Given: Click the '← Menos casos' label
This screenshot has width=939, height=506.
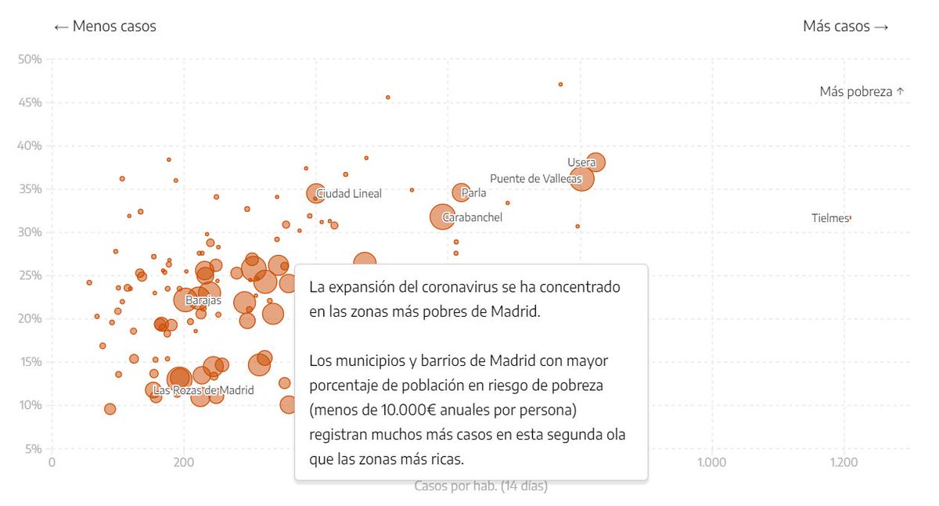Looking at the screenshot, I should tap(105, 27).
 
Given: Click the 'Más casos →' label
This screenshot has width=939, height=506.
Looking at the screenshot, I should tap(845, 27).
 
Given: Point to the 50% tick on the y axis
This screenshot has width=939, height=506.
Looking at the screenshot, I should tap(31, 59).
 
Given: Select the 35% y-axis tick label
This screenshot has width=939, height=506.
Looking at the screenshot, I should tap(31, 188).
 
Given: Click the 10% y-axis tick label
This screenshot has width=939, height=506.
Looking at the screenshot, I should tap(31, 405).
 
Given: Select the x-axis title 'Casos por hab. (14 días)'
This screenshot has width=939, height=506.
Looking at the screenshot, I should tap(480, 486).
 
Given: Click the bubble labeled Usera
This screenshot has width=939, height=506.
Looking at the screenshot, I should tap(596, 162).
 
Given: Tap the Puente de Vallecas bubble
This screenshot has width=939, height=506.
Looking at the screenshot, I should tap(581, 179).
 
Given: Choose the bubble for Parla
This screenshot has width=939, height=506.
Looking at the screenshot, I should tap(461, 192).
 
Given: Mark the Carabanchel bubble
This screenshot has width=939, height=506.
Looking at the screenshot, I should tap(443, 217).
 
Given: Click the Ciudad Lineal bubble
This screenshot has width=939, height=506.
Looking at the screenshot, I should tap(315, 193).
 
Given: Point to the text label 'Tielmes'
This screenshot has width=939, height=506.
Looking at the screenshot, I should tap(829, 218).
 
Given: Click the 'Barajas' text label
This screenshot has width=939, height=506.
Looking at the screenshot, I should tap(203, 300).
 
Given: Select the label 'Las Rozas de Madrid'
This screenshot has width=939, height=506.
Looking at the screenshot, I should tap(203, 390).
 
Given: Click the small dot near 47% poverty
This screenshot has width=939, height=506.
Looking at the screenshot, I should tap(560, 84).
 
